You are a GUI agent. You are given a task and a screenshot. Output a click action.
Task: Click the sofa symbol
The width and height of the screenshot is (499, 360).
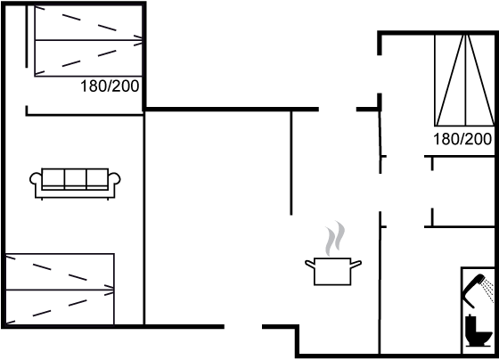click(x=75, y=184)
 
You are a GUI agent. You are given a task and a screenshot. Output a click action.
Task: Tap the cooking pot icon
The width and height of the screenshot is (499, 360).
click(x=333, y=272)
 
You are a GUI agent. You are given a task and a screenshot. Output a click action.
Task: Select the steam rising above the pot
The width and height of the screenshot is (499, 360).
click(x=335, y=239)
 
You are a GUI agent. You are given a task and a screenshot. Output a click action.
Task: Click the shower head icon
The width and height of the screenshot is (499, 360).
click(x=478, y=290)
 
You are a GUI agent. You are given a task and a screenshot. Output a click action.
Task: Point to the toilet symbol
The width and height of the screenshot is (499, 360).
click(x=479, y=331)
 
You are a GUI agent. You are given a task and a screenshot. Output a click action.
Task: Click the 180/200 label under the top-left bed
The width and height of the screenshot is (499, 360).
click(x=110, y=86)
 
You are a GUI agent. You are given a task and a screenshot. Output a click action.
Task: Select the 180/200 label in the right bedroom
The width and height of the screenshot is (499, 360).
click(x=462, y=139)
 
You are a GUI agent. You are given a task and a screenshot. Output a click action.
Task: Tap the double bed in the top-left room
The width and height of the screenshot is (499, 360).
click(x=88, y=41)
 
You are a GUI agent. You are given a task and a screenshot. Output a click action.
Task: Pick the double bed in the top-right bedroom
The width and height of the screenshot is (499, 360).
click(x=464, y=80)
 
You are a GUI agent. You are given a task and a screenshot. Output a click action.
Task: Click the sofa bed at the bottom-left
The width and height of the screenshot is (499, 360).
click(x=60, y=289)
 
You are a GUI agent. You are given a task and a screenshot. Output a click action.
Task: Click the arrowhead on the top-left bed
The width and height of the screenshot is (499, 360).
click(x=138, y=40)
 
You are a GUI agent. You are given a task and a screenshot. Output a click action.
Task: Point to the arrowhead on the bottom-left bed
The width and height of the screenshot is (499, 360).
click(x=110, y=290)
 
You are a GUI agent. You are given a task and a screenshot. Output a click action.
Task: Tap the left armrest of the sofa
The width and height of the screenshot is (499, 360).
click(x=36, y=179)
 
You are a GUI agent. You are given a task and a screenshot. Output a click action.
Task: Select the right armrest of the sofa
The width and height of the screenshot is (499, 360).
click(x=115, y=179)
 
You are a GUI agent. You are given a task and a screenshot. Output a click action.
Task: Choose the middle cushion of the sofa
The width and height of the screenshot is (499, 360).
click(x=75, y=179)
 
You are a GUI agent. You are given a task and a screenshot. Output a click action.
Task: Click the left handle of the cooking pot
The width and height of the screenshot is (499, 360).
click(x=310, y=264)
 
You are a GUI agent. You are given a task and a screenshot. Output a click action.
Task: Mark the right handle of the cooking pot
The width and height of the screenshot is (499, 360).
click(x=356, y=264)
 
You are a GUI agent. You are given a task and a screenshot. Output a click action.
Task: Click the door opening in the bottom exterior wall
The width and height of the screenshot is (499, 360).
click(x=243, y=326)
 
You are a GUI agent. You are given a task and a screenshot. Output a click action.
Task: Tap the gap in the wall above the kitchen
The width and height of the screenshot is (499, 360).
click(x=338, y=110)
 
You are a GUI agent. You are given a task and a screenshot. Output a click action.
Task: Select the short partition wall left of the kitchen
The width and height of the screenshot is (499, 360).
click(x=290, y=162)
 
